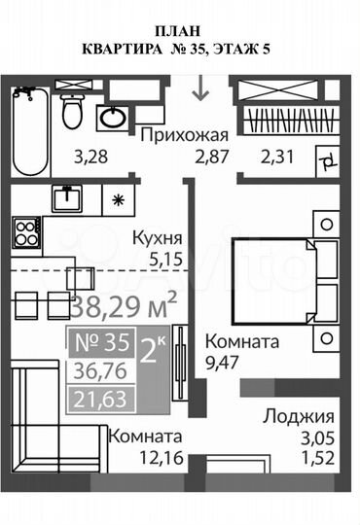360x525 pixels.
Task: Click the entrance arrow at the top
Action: point(201,89)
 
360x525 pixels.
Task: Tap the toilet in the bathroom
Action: point(72,111)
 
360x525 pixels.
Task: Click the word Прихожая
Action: point(185,135)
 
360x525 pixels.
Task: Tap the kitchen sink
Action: point(68,199)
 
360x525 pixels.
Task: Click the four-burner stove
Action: point(26,233)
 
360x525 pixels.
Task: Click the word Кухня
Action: point(160,238)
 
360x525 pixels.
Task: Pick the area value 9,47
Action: point(224,364)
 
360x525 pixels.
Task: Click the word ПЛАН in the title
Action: point(180,29)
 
